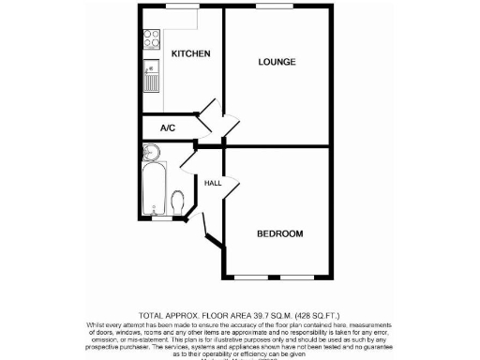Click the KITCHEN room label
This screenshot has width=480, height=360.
point(190,54)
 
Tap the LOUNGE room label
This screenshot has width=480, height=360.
point(277,62)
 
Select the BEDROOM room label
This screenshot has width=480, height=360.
point(280,233)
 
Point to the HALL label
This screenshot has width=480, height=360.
point(213,184)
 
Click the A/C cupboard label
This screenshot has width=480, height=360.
point(168,127)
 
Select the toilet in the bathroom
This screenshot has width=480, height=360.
point(178,202)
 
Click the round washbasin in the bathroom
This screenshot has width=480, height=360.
point(151,153)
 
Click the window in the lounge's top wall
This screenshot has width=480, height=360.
point(272,7)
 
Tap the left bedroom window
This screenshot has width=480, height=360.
point(249,278)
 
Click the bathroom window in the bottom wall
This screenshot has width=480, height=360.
point(163,219)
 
